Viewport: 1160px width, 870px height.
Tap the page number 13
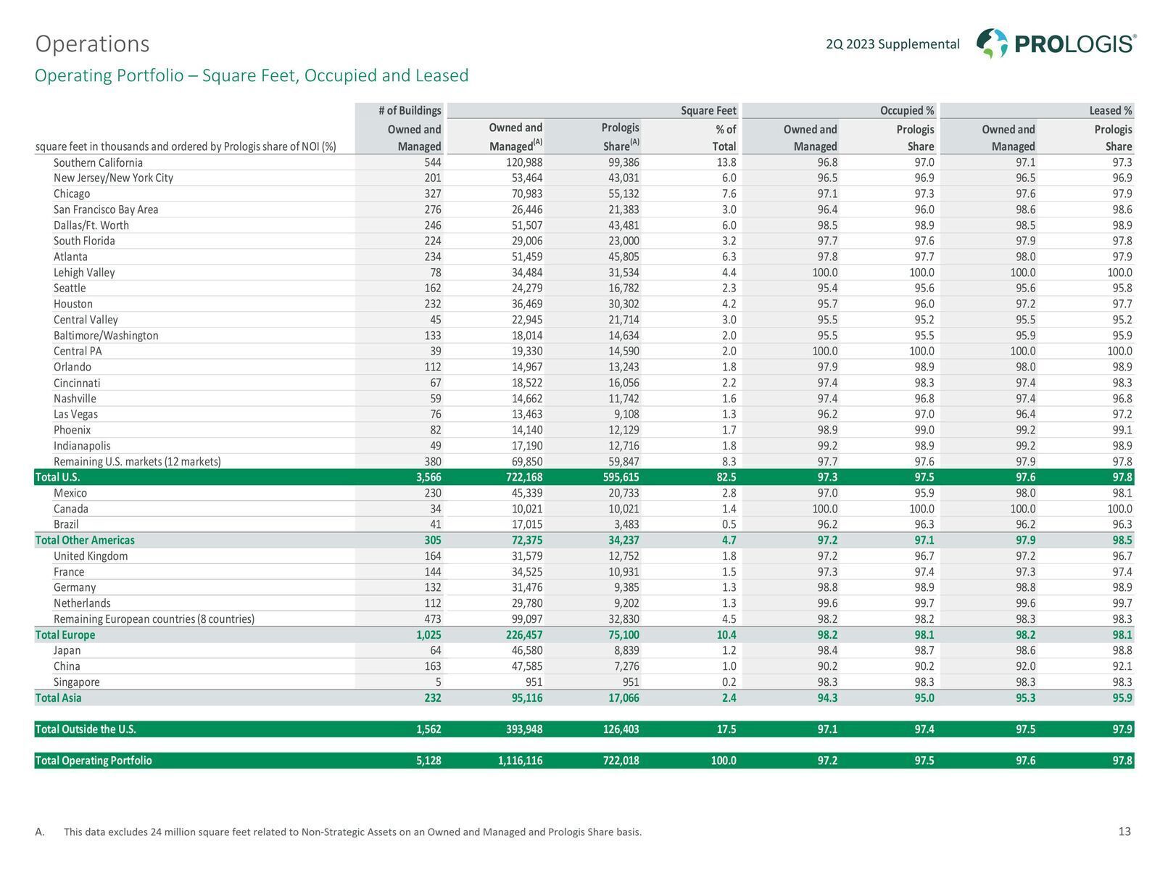coord(1124,832)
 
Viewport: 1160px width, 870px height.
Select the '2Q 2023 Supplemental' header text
coord(892,43)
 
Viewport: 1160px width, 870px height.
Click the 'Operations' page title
coord(93,43)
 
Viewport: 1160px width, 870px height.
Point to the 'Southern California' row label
coord(98,162)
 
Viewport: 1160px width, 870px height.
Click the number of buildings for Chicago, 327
coord(432,194)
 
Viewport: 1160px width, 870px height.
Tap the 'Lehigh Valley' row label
coord(84,272)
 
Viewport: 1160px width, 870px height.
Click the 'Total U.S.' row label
coord(57,477)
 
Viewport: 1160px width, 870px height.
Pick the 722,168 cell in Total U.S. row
coord(523,477)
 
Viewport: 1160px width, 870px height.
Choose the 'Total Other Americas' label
coord(85,540)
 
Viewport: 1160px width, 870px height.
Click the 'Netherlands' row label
coord(82,602)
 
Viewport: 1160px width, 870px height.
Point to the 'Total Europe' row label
coord(65,634)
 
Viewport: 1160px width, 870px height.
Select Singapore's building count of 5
coord(438,682)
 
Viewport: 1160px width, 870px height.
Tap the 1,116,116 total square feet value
coord(520,760)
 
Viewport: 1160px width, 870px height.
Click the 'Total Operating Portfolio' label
coord(94,760)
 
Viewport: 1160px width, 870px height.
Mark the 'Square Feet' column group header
coord(708,110)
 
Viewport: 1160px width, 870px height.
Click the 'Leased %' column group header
coord(1110,110)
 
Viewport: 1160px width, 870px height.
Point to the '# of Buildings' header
coord(410,110)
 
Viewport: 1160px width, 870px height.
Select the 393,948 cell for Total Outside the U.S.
coord(523,729)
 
